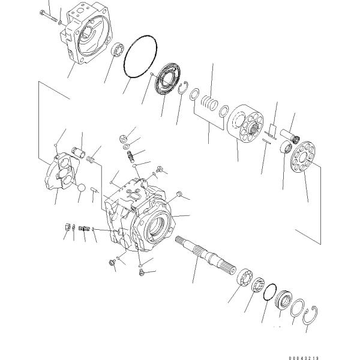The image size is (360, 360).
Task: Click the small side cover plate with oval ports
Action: click(x=61, y=174)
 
